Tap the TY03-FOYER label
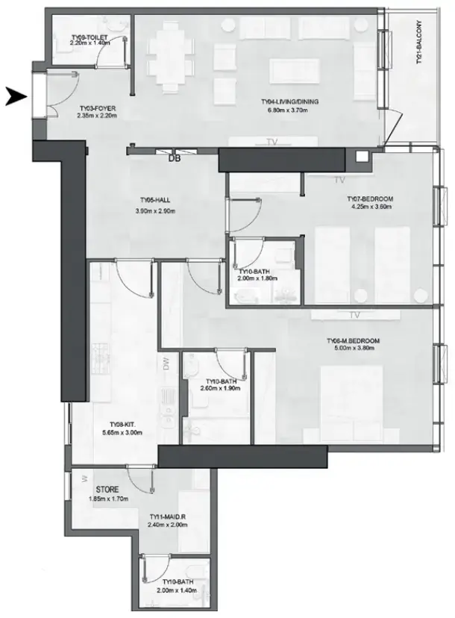[97, 107]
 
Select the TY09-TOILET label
[89, 36]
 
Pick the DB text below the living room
[175, 158]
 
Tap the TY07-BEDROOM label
[370, 199]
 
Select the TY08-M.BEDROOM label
[353, 341]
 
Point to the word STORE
[107, 490]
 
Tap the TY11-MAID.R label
[167, 516]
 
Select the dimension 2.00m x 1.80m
[257, 278]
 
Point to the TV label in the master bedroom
[354, 314]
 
